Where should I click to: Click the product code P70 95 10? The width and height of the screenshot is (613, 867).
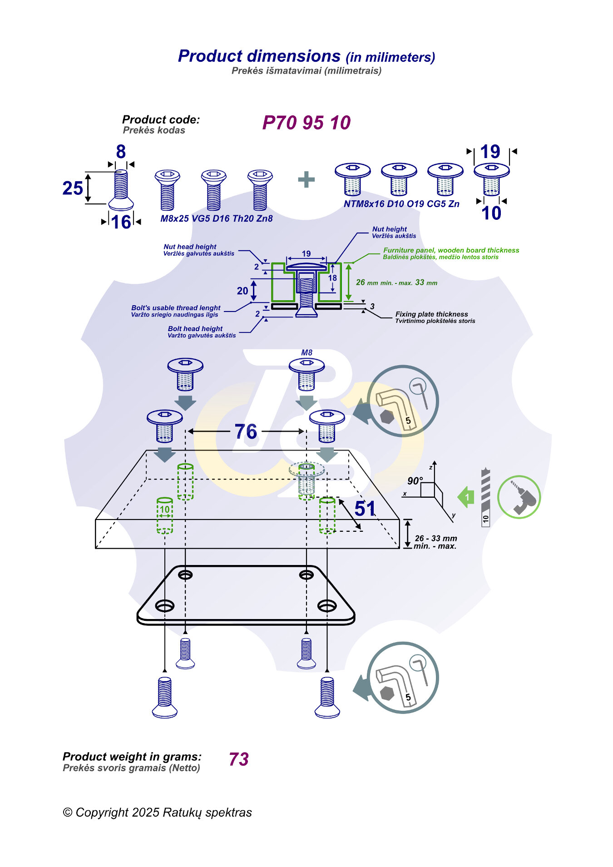(x=306, y=123)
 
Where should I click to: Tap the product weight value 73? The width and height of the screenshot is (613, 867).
(x=239, y=759)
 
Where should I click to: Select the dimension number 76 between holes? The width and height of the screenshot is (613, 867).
(x=246, y=431)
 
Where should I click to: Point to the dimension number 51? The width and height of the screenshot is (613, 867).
(x=365, y=509)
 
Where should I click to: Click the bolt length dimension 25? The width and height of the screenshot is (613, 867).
(x=73, y=188)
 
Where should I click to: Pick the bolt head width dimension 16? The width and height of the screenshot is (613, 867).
(x=121, y=222)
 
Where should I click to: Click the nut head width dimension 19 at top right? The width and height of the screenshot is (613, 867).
(x=490, y=152)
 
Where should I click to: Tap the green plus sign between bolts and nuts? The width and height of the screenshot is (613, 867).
(x=306, y=179)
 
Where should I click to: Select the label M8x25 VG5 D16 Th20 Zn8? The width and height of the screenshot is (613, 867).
(x=217, y=218)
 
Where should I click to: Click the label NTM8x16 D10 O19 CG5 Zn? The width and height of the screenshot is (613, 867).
(x=401, y=204)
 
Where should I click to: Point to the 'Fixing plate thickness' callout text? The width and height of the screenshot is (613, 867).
(x=431, y=314)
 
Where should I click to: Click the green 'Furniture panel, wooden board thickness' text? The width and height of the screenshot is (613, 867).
(x=451, y=250)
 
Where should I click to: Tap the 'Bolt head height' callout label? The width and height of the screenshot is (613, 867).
(x=195, y=329)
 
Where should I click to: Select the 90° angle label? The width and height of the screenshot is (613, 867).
(x=415, y=481)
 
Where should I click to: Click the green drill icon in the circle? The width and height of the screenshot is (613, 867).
(x=519, y=497)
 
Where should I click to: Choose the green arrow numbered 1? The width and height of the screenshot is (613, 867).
(x=466, y=497)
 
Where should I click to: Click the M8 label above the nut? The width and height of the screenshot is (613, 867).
(x=307, y=352)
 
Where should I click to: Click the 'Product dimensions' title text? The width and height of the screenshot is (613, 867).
(x=259, y=56)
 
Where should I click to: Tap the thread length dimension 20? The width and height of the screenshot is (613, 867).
(x=242, y=291)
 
